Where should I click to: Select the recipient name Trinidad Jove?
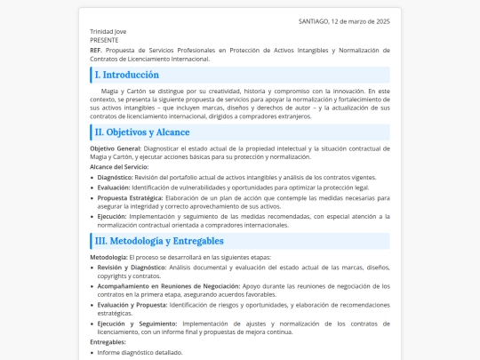pyautogui.click(x=108, y=31)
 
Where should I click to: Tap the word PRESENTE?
pyautogui.click(x=105, y=40)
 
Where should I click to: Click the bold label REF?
pyautogui.click(x=96, y=51)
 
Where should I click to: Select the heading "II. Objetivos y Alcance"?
pyautogui.click(x=142, y=132)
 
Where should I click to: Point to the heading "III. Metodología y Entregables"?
pyautogui.click(x=159, y=241)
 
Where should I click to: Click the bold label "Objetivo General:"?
pyautogui.click(x=116, y=148)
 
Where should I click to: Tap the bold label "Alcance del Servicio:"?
pyautogui.click(x=119, y=166)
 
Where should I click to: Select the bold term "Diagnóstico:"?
pyautogui.click(x=115, y=177)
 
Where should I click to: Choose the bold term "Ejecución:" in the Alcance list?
pyautogui.click(x=112, y=216)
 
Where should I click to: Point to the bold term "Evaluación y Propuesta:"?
pyautogui.click(x=132, y=306)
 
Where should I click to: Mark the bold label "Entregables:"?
pyautogui.click(x=108, y=342)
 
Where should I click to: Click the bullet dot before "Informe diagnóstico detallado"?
pyautogui.click(x=92, y=353)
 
